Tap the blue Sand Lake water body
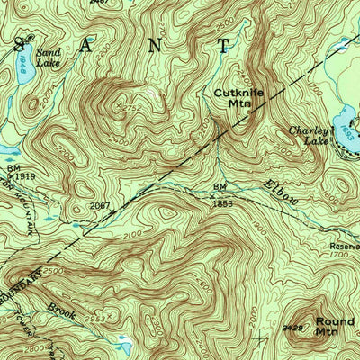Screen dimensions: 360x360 (x=24, y=67)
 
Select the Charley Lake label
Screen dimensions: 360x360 (x=308, y=135)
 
